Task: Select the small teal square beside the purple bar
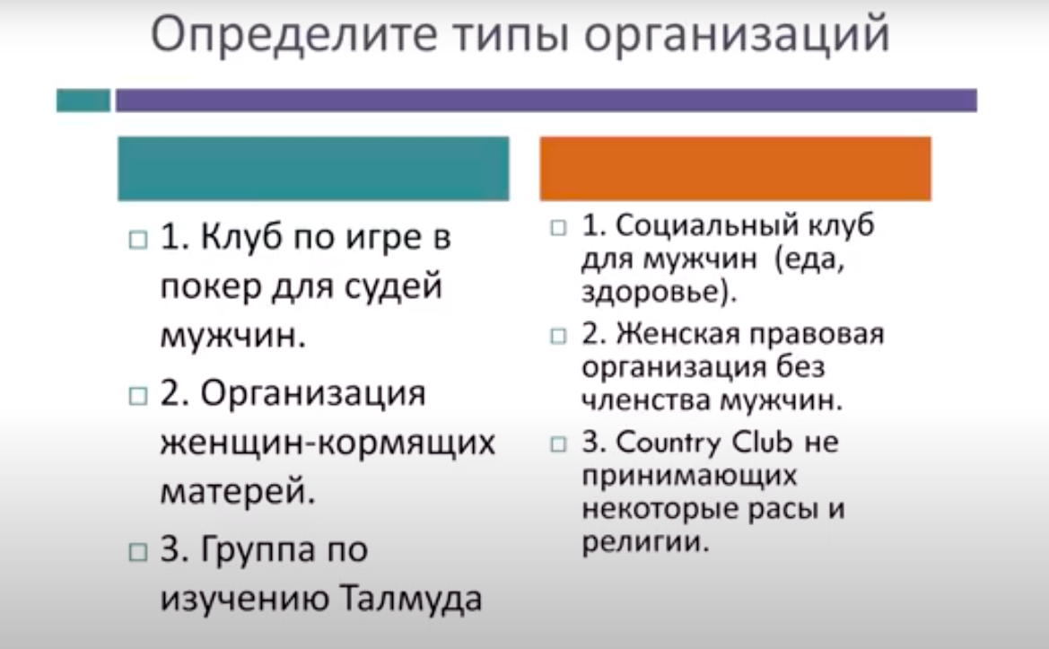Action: click(83, 101)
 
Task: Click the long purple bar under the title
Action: click(546, 101)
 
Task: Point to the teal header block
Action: click(314, 169)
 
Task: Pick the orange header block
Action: click(735, 169)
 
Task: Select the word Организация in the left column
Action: click(313, 393)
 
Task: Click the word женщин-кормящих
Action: click(328, 443)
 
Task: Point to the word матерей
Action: click(238, 492)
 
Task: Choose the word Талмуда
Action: click(411, 598)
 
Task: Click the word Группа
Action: click(259, 550)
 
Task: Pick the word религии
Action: click(643, 542)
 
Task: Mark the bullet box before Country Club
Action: click(558, 444)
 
